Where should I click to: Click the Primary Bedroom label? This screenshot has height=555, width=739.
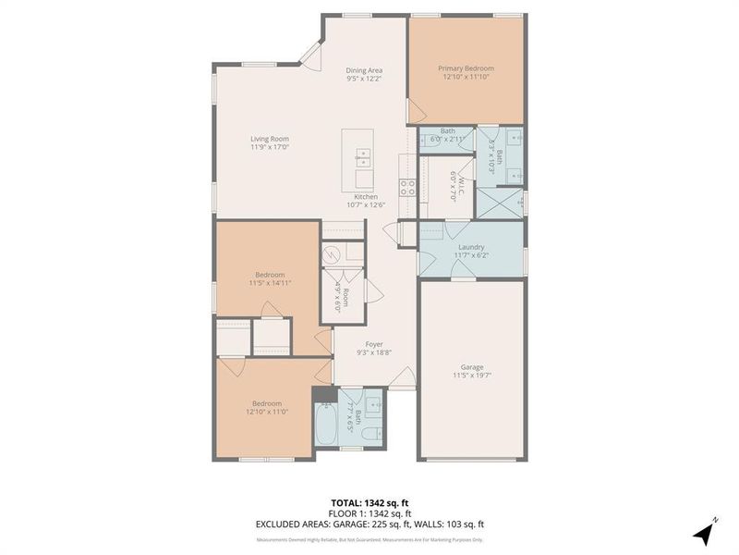pyautogui.click(x=466, y=73)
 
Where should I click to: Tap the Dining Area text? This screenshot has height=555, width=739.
pyautogui.click(x=364, y=74)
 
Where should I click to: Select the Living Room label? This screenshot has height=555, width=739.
pyautogui.click(x=270, y=142)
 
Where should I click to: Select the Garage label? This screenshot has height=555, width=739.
pyautogui.click(x=471, y=371)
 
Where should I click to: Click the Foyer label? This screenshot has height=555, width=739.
pyautogui.click(x=374, y=348)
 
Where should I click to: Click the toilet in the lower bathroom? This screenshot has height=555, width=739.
pyautogui.click(x=370, y=435)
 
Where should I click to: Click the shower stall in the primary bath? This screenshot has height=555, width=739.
pyautogui.click(x=499, y=202)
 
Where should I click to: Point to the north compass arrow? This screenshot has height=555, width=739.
pyautogui.click(x=705, y=531)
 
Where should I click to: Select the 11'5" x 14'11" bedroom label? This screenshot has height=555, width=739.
pyautogui.click(x=270, y=278)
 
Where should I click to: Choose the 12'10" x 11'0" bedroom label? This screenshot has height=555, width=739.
pyautogui.click(x=269, y=408)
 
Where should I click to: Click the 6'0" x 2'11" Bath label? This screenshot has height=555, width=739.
pyautogui.click(x=448, y=135)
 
